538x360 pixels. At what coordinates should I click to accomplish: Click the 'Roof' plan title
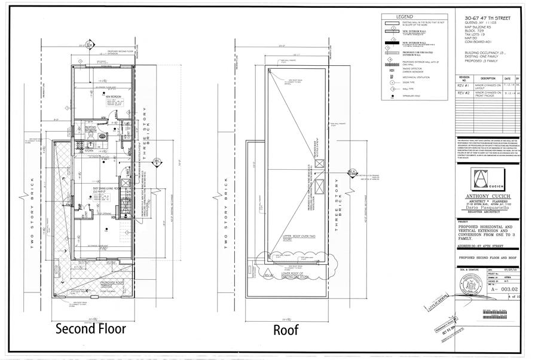pyautogui.click(x=286, y=330)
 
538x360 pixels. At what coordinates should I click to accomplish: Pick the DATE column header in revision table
pyautogui.click(x=507, y=78)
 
